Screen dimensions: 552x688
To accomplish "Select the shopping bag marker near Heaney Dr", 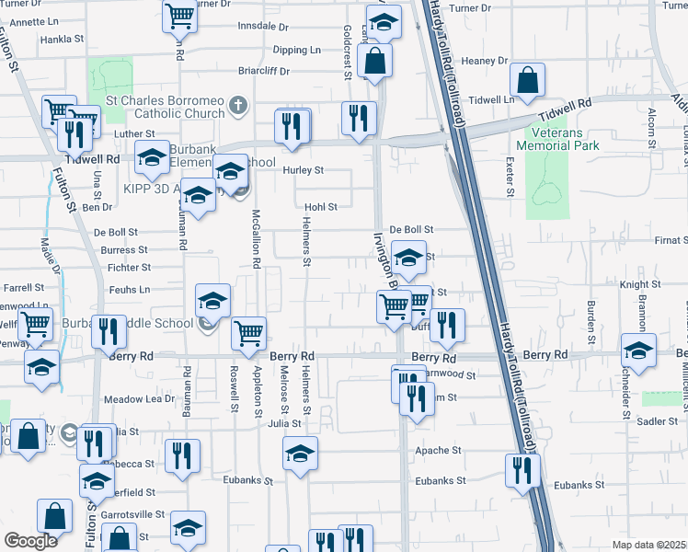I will tap(527, 81).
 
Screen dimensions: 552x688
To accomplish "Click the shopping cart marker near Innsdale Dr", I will tap(179, 15).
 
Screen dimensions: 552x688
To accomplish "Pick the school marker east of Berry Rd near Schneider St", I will tap(638, 350).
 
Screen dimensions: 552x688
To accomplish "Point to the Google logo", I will tap(30, 541).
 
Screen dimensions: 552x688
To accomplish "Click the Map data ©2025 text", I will tap(648, 545).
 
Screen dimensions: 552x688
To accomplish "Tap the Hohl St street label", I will tap(321, 207).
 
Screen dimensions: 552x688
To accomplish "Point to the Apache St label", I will tap(438, 451).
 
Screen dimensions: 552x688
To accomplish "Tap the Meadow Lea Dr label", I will tap(139, 399).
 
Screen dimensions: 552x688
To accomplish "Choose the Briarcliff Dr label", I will tap(264, 70).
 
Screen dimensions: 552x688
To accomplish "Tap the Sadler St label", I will tap(657, 421).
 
